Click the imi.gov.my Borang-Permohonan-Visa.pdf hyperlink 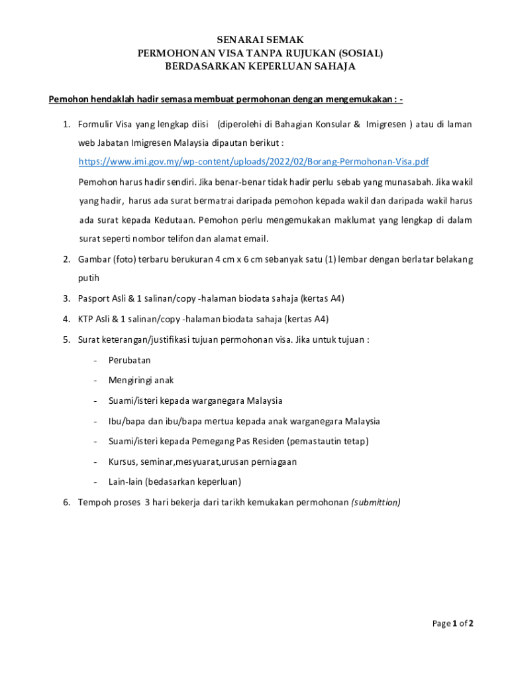coord(254,162)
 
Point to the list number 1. coord(66,124)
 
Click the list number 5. coord(66,339)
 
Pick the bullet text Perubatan coord(129,360)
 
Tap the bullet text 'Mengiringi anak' coord(141,381)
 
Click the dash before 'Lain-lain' coord(96,482)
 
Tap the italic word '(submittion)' coord(376,502)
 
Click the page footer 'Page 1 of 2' coord(453,623)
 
